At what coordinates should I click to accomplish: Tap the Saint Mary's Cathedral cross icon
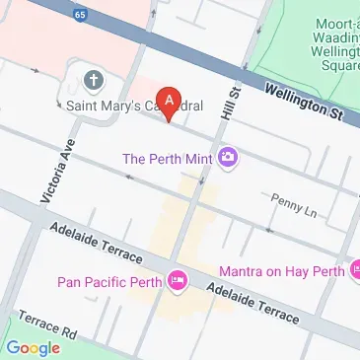pyautogui.click(x=94, y=80)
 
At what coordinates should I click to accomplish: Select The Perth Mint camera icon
pyautogui.click(x=229, y=156)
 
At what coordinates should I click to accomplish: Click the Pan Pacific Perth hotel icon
pyautogui.click(x=179, y=282)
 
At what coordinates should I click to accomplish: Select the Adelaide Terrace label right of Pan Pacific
pyautogui.click(x=254, y=302)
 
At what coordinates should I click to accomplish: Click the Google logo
pyautogui.click(x=34, y=346)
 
